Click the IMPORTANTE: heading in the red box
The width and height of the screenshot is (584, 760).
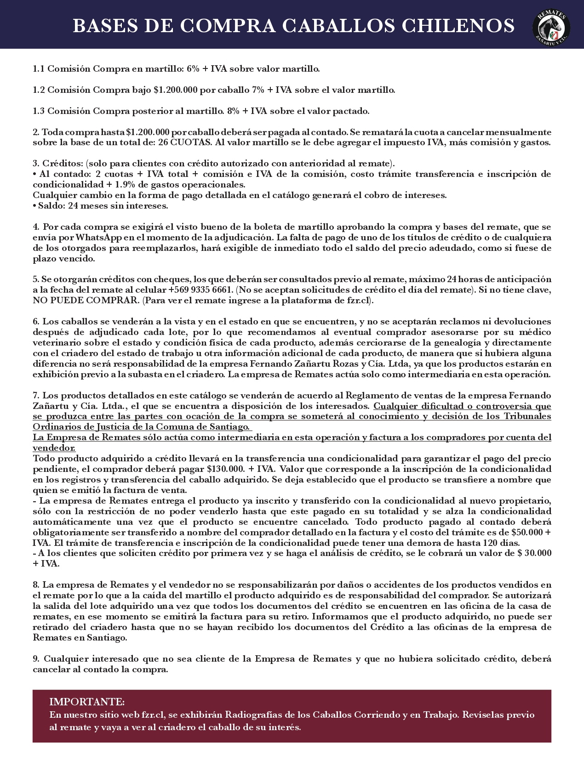pyautogui.click(x=87, y=702)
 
